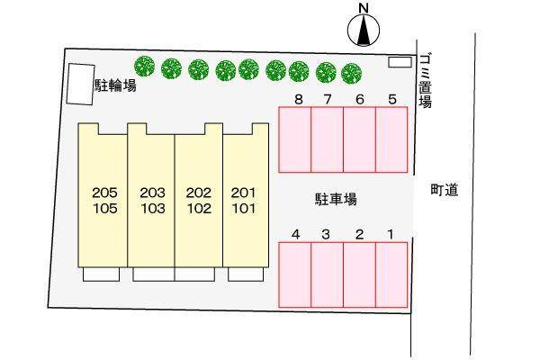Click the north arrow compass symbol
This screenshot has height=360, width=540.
coord(364,30)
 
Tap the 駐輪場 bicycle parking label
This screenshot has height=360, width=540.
coord(115,85)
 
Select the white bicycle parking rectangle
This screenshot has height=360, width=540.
coord(81,84)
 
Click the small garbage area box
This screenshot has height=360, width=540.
coord(400,62)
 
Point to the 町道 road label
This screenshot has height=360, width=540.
coord(445,190)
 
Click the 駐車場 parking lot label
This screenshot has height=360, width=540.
coord(336,199)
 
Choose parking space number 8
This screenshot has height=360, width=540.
coord(295,139)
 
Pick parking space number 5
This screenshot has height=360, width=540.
coord(391,139)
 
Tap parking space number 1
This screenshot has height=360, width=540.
coord(391,274)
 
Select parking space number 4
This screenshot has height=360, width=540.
coord(295,274)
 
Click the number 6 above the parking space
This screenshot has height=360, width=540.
coord(359,99)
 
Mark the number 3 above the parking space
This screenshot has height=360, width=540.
coord(326,234)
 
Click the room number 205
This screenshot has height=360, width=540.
coord(104,193)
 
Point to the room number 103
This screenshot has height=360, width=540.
coord(153,209)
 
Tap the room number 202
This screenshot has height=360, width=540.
coord(199,193)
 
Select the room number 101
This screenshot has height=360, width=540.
coord(244,209)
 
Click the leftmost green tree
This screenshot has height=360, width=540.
coord(145,66)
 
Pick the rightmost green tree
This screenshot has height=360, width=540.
coord(352,74)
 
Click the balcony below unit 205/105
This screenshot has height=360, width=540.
coord(101,274)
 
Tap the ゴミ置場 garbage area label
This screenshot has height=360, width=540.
coord(426,80)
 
